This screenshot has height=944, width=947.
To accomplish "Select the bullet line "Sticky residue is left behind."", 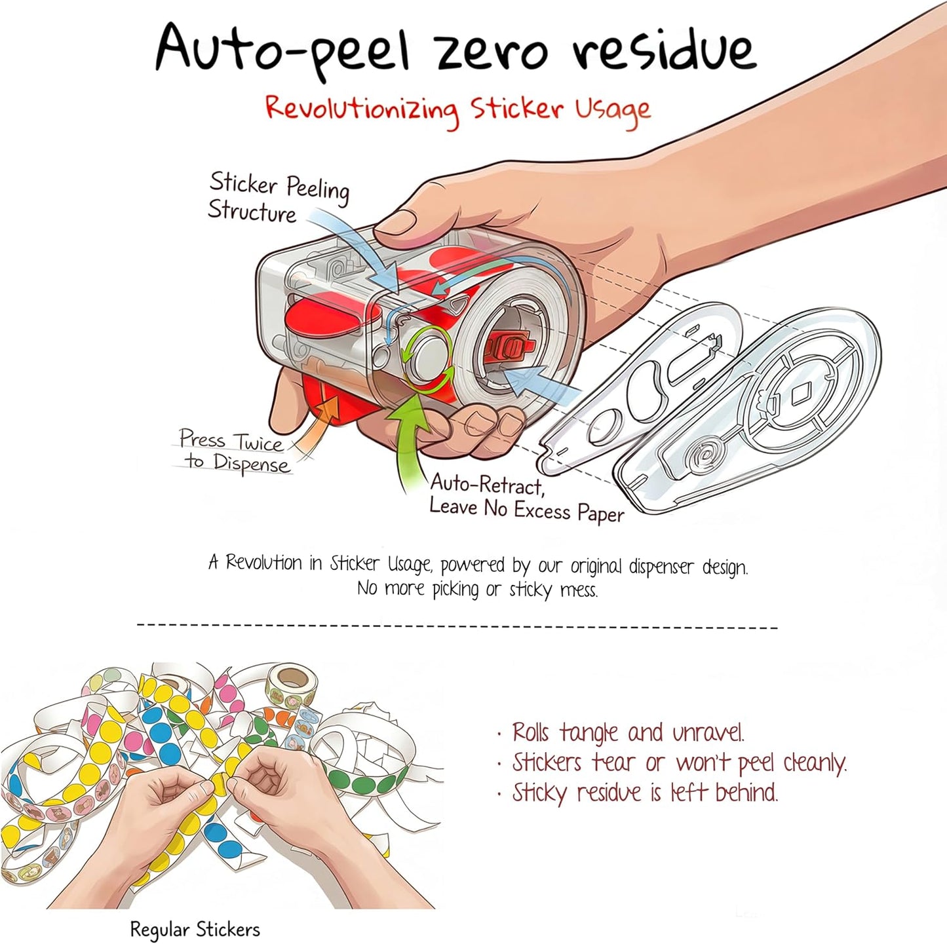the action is (638, 793).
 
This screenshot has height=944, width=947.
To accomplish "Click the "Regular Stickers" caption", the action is (195, 928).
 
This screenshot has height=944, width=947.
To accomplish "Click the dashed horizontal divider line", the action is (457, 626).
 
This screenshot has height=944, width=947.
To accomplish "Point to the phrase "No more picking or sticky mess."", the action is (477, 589).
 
